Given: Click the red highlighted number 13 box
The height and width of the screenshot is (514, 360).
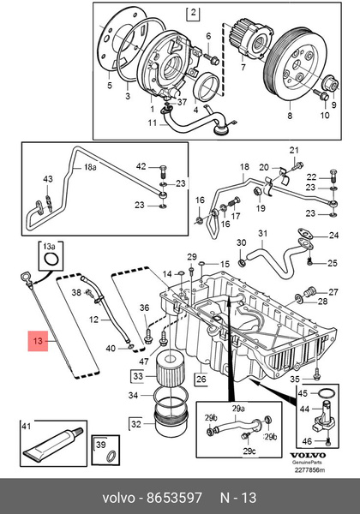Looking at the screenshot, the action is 38,341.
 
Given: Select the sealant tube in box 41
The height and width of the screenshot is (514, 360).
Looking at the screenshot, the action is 53,443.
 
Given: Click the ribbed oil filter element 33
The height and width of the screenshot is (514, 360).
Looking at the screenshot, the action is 169,368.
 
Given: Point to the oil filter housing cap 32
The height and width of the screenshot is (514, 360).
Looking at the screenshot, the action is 171,421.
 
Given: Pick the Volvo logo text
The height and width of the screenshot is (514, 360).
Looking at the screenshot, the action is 309,456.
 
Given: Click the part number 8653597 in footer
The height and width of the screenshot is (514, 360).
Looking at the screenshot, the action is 174,498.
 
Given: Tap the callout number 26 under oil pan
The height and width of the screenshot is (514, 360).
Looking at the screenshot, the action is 201,380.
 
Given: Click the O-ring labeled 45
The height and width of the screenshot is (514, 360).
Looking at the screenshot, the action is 327,393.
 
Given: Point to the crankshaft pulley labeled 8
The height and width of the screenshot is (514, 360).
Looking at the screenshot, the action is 295,63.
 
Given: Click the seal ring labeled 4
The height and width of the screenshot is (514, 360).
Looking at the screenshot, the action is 206,87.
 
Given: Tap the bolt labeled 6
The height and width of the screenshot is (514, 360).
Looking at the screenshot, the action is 212,58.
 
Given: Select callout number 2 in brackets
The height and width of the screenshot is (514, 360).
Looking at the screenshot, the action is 193,13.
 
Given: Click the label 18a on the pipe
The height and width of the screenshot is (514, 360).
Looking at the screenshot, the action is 89,168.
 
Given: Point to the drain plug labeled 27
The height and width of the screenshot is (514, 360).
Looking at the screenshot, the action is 309,290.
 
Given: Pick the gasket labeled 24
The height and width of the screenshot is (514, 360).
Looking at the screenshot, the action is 304,233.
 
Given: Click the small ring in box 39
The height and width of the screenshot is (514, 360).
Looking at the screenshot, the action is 111,455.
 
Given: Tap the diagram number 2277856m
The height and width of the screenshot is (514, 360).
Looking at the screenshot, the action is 309,469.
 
